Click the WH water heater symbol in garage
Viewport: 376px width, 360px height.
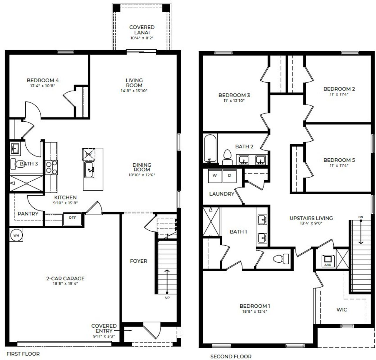[x=16, y=235]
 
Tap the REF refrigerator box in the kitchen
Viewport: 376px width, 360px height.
[x=72, y=218]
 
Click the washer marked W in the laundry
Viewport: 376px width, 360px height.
[x=215, y=176]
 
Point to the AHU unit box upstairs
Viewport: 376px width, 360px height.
[x=328, y=260]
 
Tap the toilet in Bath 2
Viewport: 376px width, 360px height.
[x=227, y=157]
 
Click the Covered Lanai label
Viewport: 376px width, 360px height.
[x=142, y=30]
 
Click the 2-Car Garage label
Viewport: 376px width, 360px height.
[x=66, y=279]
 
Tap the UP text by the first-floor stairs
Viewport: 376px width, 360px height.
[x=167, y=298]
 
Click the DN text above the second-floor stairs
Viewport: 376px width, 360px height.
[x=360, y=217]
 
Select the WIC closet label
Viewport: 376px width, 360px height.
[x=342, y=309]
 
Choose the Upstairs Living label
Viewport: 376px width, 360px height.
[x=311, y=218]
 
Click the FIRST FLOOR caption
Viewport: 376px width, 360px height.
[x=23, y=354]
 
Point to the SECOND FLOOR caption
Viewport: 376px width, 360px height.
[x=231, y=356]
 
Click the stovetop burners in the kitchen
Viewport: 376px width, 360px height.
[x=51, y=168]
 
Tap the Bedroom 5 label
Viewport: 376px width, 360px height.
[x=339, y=160]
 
